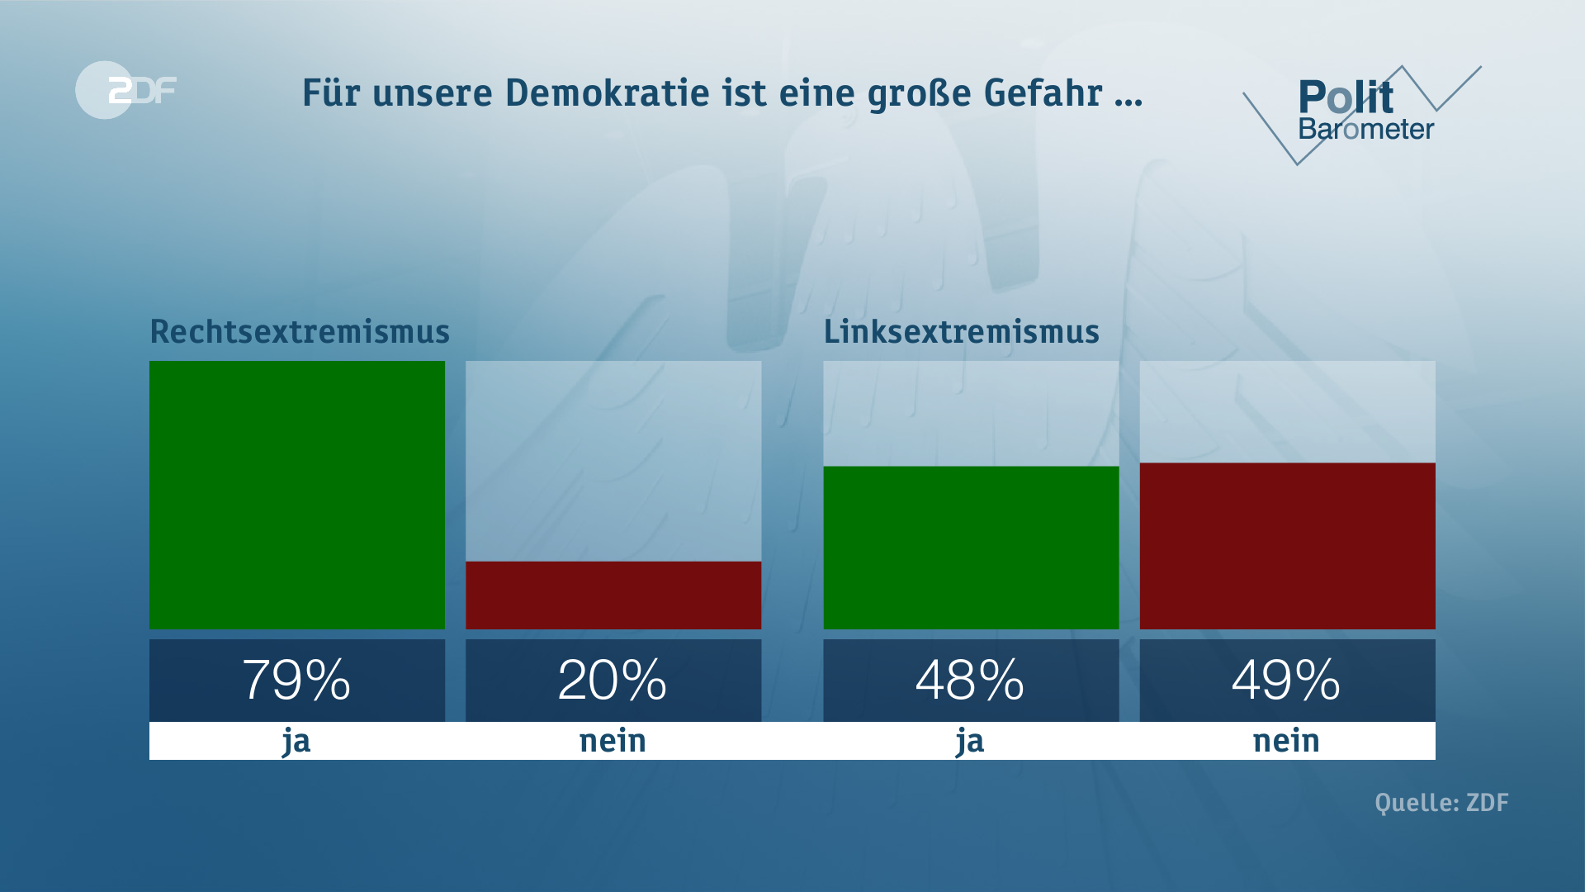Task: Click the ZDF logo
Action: (x=126, y=90)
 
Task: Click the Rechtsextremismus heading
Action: (x=300, y=332)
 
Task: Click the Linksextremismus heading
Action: (x=961, y=332)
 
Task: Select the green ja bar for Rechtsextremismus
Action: (x=297, y=495)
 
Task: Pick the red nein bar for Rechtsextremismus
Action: (x=613, y=595)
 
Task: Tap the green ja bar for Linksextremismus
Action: (x=971, y=548)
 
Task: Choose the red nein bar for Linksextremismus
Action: (x=1287, y=546)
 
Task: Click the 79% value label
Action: (x=297, y=681)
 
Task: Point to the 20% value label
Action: (x=613, y=681)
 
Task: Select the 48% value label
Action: (x=970, y=681)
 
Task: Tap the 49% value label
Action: (x=1286, y=681)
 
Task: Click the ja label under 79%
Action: (x=296, y=741)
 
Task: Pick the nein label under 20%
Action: (x=613, y=741)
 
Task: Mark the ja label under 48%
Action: (x=970, y=741)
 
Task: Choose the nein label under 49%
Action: (x=1286, y=741)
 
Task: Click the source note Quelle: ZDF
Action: (x=1441, y=803)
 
